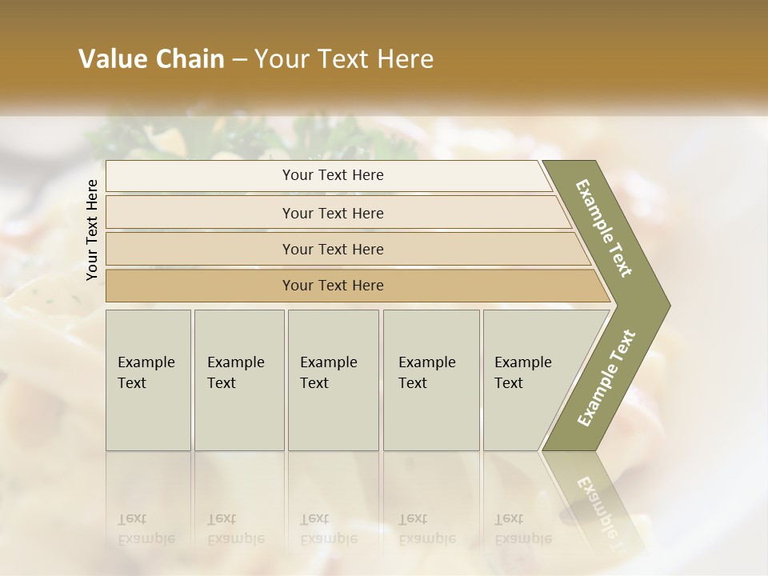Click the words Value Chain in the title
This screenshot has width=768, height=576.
pos(151,59)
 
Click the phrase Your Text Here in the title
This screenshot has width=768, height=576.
pos(344,59)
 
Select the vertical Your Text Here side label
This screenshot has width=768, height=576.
pos(92,230)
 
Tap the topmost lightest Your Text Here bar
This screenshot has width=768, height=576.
pos(332,175)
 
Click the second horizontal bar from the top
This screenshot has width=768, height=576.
pos(332,213)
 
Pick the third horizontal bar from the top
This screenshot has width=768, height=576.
pos(332,249)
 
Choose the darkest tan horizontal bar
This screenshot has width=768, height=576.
pos(332,286)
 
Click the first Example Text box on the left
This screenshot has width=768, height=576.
pos(148,379)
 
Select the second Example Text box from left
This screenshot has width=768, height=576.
pos(238,379)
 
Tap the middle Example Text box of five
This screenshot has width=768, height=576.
pos(333,379)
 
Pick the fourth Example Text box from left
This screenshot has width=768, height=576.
pos(430,379)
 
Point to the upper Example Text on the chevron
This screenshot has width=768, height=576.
pos(604,228)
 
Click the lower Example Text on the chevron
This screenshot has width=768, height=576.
pos(606,378)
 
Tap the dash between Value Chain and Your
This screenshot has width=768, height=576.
pos(239,59)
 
